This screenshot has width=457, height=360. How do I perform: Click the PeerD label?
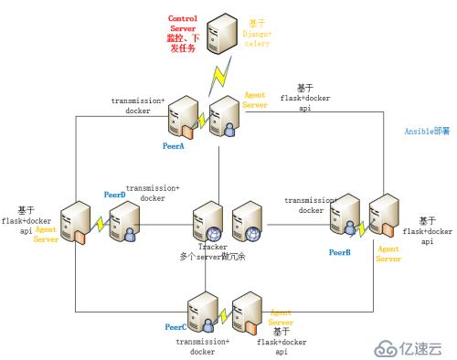coord(114,195)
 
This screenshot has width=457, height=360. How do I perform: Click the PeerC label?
coord(175,326)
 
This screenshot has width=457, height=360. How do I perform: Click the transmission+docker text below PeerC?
coord(203,345)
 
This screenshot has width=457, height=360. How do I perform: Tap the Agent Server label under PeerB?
coord(388,253)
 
